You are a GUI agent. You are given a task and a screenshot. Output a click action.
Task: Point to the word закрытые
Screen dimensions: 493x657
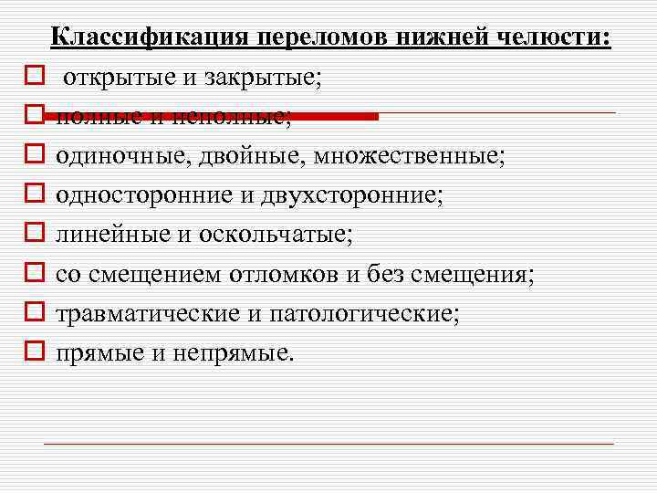260,78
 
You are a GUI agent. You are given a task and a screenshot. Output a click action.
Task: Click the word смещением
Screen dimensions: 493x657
155,273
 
